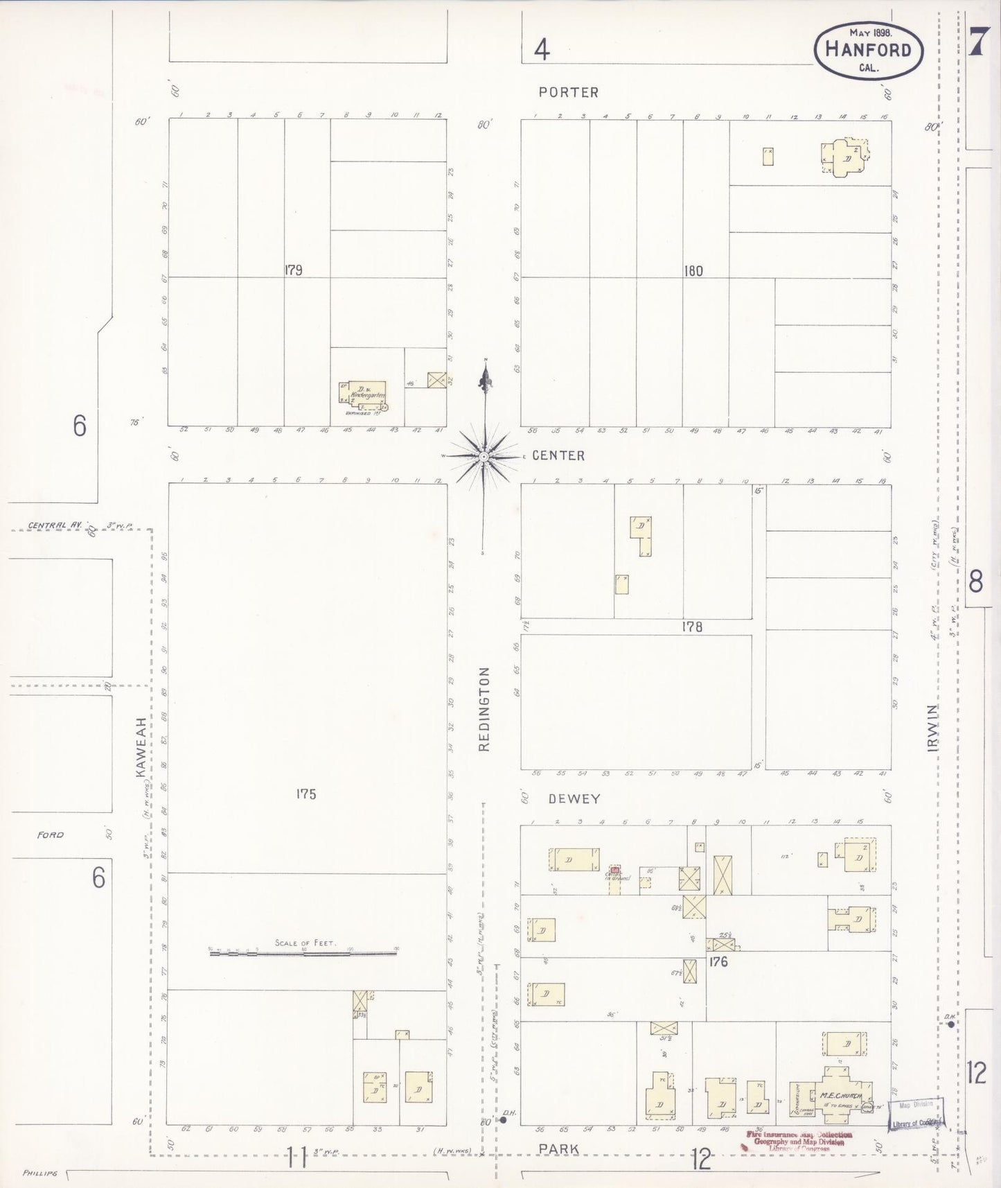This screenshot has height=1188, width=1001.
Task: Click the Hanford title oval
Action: [x=869, y=50]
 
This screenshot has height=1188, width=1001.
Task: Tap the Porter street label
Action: [x=569, y=92]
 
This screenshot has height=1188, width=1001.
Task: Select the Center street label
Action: [x=558, y=455]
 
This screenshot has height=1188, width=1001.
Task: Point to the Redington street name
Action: [x=484, y=709]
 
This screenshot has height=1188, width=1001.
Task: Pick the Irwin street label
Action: [x=934, y=728]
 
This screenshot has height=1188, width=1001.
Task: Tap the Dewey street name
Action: [x=574, y=798]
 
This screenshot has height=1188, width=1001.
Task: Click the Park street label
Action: [x=560, y=1148]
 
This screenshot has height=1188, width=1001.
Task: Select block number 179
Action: [x=293, y=270]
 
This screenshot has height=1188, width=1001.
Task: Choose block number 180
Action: [x=693, y=271]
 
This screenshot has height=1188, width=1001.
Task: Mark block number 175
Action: [x=305, y=794]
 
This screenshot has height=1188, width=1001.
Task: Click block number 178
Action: [x=691, y=627]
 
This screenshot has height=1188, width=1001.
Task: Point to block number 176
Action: [x=718, y=961]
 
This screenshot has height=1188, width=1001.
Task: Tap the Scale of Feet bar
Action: [x=303, y=954]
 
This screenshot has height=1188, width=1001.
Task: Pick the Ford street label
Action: [x=51, y=835]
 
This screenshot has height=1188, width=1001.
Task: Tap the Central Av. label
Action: [x=55, y=525]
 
